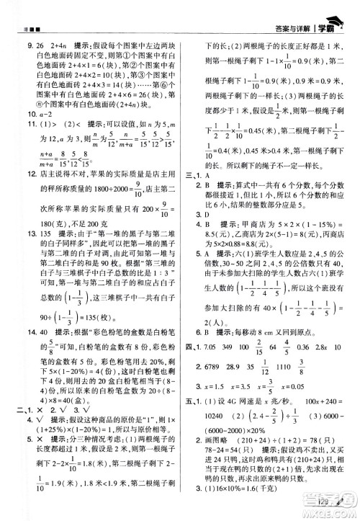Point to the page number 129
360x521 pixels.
tap(328, 501)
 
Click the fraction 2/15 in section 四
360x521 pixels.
tap(253, 348)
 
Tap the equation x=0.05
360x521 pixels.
tap(213, 383)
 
